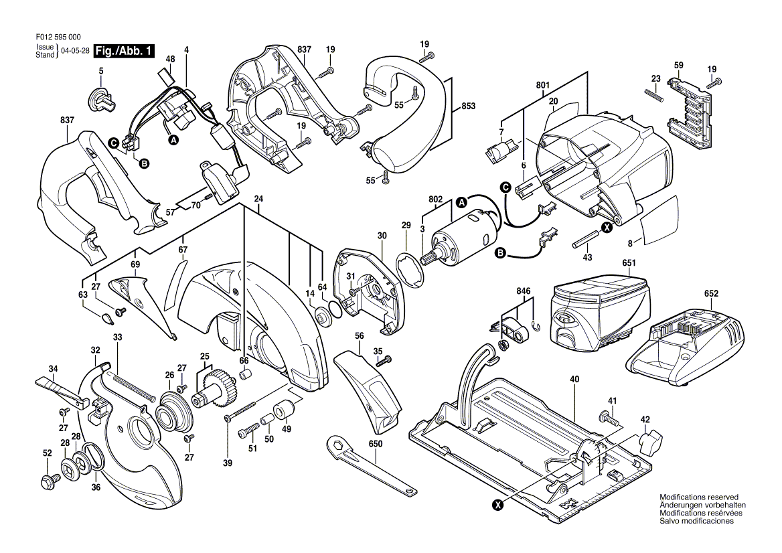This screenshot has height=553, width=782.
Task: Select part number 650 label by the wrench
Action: pos(376,444)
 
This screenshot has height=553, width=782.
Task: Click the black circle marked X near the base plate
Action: pos(497,505)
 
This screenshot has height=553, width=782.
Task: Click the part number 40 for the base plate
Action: pos(574,380)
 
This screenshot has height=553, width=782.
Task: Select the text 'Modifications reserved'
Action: pos(699,497)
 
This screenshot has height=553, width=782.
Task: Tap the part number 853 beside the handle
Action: pos(468,106)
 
